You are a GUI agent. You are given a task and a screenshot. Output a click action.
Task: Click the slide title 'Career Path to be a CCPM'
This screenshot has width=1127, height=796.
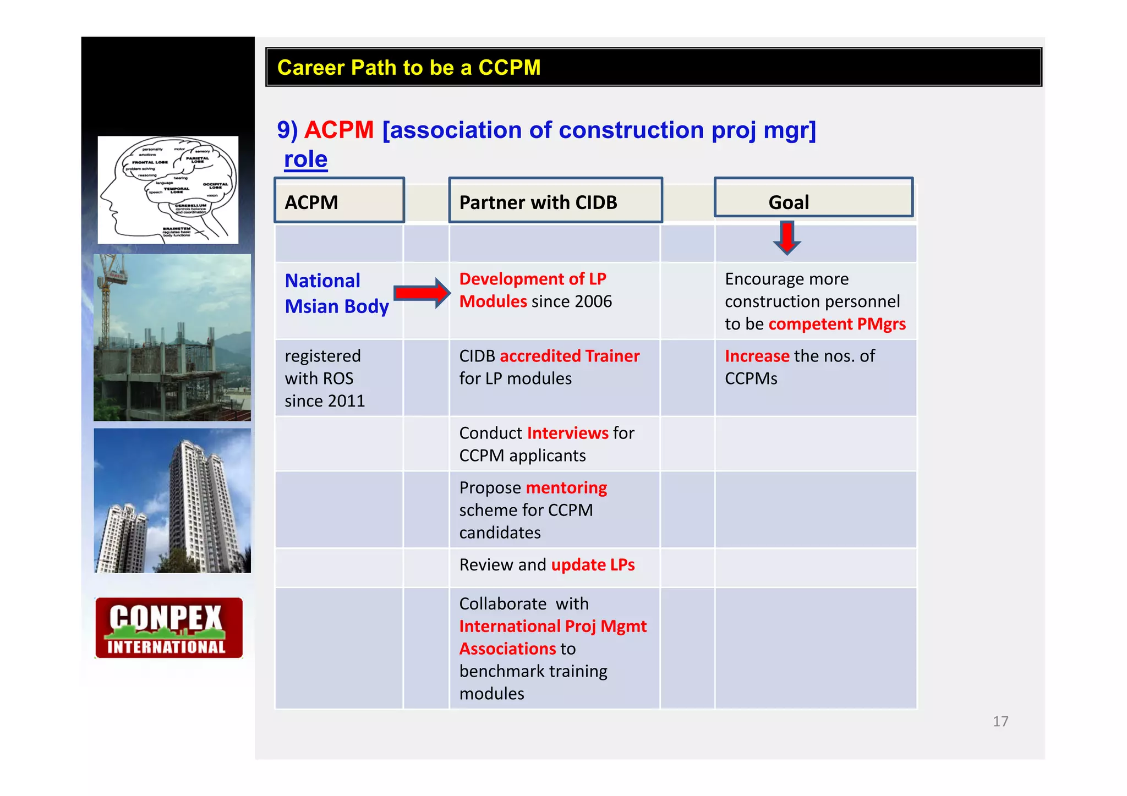[408, 68]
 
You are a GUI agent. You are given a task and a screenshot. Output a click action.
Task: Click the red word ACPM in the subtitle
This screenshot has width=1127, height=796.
[338, 130]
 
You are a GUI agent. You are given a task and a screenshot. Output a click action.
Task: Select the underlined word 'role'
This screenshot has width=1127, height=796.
[305, 160]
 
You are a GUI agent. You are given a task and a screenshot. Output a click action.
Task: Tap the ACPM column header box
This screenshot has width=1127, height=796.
[339, 201]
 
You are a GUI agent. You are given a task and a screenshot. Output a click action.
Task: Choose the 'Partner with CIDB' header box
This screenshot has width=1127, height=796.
[555, 201]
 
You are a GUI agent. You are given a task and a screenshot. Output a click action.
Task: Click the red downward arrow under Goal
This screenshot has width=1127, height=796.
[787, 238]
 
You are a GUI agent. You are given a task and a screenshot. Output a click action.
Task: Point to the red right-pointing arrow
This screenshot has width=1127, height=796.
[422, 293]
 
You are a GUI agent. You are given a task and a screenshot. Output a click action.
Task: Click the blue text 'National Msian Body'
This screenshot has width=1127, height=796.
[336, 293]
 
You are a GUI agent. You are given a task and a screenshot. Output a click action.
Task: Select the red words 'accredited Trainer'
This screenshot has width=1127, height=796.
[570, 356]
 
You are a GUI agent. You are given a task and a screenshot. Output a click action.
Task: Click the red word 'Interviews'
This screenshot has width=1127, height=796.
[567, 433]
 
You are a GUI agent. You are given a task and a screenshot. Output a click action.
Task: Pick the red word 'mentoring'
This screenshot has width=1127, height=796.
[566, 487]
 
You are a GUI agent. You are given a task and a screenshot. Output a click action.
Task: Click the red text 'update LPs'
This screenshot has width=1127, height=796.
[593, 565]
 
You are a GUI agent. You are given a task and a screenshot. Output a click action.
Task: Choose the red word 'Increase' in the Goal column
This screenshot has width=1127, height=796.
[757, 356]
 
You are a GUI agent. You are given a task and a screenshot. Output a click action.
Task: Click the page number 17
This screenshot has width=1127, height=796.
[1000, 721]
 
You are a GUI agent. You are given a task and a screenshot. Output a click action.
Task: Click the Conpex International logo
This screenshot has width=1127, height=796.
[168, 628]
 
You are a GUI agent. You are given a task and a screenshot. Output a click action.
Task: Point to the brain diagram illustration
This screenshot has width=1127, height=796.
[168, 190]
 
